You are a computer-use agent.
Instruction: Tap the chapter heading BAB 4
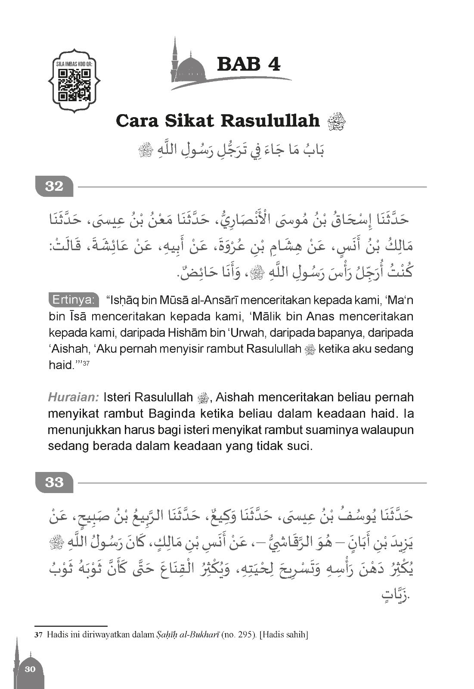point(249,64)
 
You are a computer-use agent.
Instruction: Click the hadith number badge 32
point(54,187)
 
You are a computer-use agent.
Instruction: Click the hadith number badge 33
point(54,483)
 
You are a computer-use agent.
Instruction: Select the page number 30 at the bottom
point(30,669)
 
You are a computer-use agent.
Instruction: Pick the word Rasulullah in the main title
point(270,121)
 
